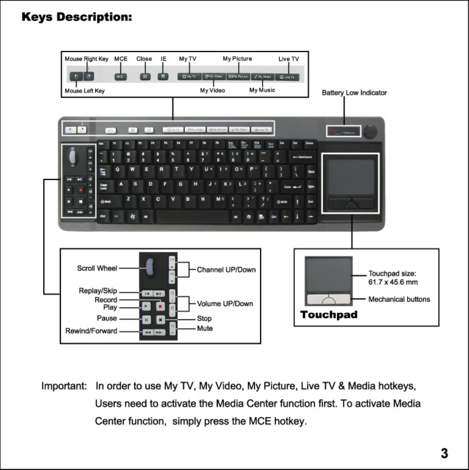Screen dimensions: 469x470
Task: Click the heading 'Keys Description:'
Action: pyautogui.click(x=77, y=17)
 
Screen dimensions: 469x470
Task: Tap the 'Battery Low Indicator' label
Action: pyautogui.click(x=354, y=93)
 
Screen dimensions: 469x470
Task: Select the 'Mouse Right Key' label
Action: pyautogui.click(x=86, y=59)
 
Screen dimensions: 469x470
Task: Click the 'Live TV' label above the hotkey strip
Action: pyautogui.click(x=289, y=59)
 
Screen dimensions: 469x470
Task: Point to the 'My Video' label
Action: pyautogui.click(x=212, y=91)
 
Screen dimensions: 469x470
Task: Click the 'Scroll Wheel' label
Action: pyautogui.click(x=97, y=268)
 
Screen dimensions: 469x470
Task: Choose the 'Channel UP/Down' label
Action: pyautogui.click(x=226, y=270)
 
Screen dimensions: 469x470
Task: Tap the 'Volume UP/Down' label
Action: pyautogui.click(x=225, y=304)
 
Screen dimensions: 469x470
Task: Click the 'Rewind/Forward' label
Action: pyautogui.click(x=91, y=331)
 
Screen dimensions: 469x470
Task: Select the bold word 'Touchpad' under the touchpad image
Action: pyautogui.click(x=329, y=315)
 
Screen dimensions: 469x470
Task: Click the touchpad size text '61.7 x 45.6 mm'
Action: pyautogui.click(x=393, y=282)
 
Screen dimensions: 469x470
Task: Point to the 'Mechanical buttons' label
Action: pyautogui.click(x=399, y=299)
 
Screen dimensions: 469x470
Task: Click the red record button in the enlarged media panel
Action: pyautogui.click(x=160, y=306)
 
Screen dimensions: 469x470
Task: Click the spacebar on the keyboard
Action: pyautogui.click(x=193, y=217)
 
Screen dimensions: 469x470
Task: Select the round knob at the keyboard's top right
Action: pyautogui.click(x=370, y=131)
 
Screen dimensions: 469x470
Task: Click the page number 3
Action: pyautogui.click(x=444, y=453)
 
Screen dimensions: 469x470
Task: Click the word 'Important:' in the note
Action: pyautogui.click(x=64, y=386)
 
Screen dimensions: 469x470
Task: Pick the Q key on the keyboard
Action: pyautogui.click(x=117, y=170)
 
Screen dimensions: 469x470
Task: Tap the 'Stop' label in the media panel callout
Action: pyautogui.click(x=204, y=319)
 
